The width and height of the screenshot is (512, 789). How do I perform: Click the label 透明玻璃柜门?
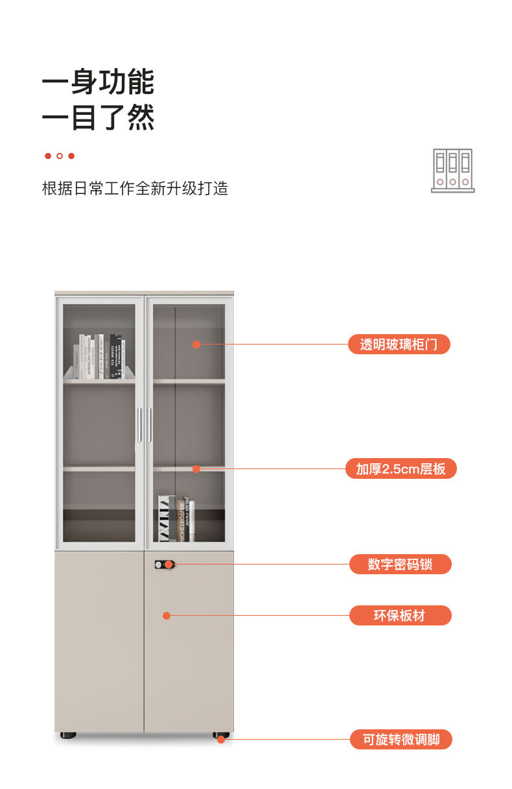[399, 345]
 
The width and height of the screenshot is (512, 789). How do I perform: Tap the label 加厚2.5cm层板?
[401, 468]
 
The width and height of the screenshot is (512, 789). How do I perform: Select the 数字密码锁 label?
[400, 564]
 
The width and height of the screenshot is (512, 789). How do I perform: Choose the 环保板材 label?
[400, 615]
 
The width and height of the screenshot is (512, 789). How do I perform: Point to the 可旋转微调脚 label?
[401, 739]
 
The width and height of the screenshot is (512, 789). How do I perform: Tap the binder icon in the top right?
[453, 171]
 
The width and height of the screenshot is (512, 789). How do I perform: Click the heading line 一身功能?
[98, 83]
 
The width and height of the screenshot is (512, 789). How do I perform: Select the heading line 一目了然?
[98, 119]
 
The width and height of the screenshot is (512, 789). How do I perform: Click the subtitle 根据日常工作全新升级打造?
[135, 189]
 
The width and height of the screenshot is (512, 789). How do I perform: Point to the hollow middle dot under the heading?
[60, 156]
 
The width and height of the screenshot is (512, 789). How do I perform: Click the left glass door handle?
[139, 425]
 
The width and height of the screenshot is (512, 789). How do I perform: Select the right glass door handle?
[150, 425]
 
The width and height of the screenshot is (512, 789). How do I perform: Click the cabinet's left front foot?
[68, 735]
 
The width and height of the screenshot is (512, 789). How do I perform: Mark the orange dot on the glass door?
[196, 345]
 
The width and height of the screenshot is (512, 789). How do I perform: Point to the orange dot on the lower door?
[167, 615]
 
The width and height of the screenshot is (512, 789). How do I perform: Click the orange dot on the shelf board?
[196, 468]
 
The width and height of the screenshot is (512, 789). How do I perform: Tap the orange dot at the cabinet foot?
[222, 739]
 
